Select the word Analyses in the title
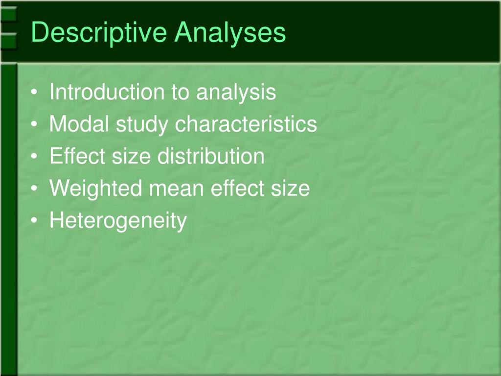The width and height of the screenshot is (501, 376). [x=231, y=33]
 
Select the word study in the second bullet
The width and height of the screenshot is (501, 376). [x=143, y=125]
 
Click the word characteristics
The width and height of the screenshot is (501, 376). [x=246, y=124]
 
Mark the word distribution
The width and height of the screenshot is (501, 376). [x=211, y=156]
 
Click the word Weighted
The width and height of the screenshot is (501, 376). [x=92, y=188]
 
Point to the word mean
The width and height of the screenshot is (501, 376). [x=167, y=188]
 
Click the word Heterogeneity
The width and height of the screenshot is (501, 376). [x=118, y=221]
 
